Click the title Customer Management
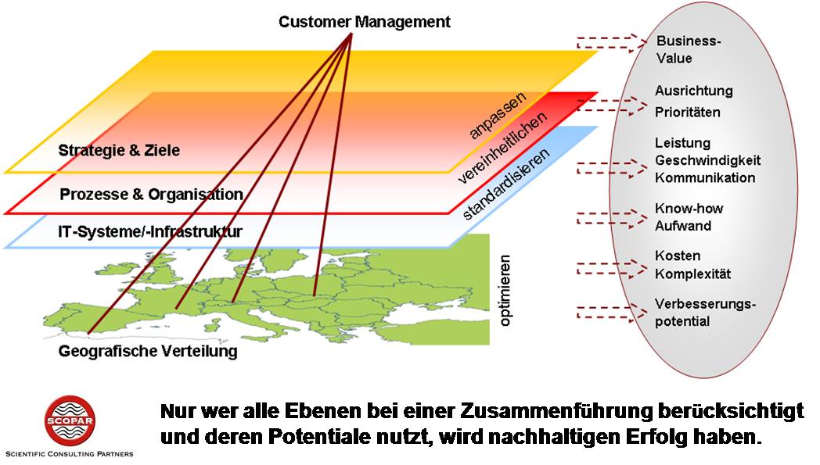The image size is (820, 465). pyautogui.click(x=364, y=21)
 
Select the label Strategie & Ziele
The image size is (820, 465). pyautogui.click(x=119, y=149)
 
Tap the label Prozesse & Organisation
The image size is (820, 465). pyautogui.click(x=151, y=194)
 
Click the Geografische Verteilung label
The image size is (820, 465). pyautogui.click(x=147, y=352)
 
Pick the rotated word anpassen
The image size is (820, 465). pyautogui.click(x=498, y=115)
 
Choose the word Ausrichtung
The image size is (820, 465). pyautogui.click(x=693, y=91)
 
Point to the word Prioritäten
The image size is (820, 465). pyautogui.click(x=687, y=112)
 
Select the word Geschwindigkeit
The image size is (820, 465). pyautogui.click(x=707, y=160)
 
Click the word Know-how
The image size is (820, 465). pyautogui.click(x=689, y=209)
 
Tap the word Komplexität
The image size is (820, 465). pyautogui.click(x=692, y=274)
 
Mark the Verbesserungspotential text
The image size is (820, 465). pyautogui.click(x=695, y=312)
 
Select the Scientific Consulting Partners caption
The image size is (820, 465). pyautogui.click(x=69, y=453)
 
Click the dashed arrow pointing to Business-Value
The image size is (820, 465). pyautogui.click(x=612, y=42)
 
